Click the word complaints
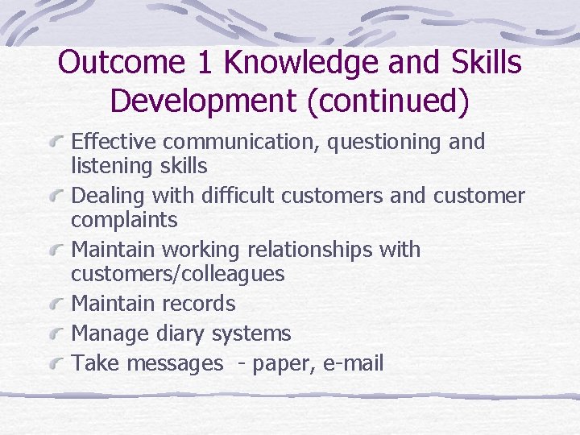(124, 221)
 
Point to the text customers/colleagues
(178, 274)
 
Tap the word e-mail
(352, 363)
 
